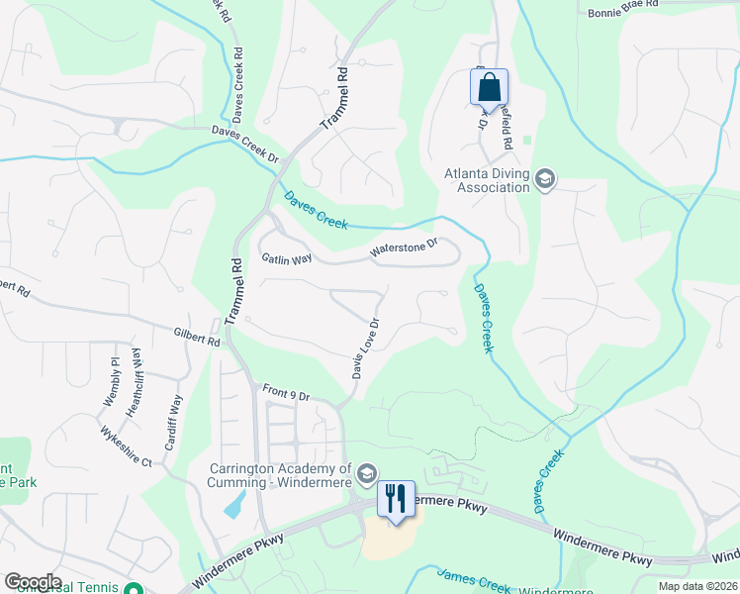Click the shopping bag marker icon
490,87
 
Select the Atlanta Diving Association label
487,180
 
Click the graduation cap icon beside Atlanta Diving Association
545,180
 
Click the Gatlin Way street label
287,258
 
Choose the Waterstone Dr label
404,250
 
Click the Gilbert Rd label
196,339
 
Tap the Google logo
33,582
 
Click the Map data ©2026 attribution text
697,586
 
